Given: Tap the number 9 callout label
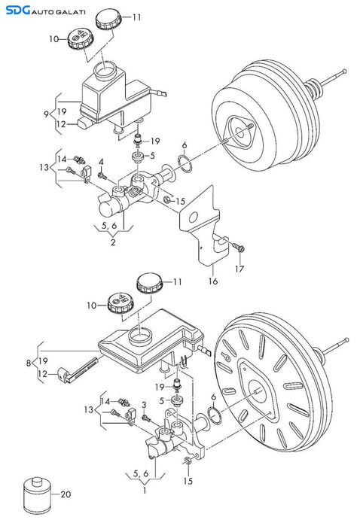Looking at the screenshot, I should point(47,114).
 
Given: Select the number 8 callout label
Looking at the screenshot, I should point(29,362).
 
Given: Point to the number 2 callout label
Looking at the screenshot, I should point(114,242).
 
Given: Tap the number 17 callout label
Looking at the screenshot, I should point(239,267).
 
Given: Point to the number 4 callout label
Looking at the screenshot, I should point(101,162).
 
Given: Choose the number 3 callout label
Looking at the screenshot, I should point(143,406).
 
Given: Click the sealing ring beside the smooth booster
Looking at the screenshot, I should point(185,163).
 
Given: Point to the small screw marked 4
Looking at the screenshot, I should point(102,175).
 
